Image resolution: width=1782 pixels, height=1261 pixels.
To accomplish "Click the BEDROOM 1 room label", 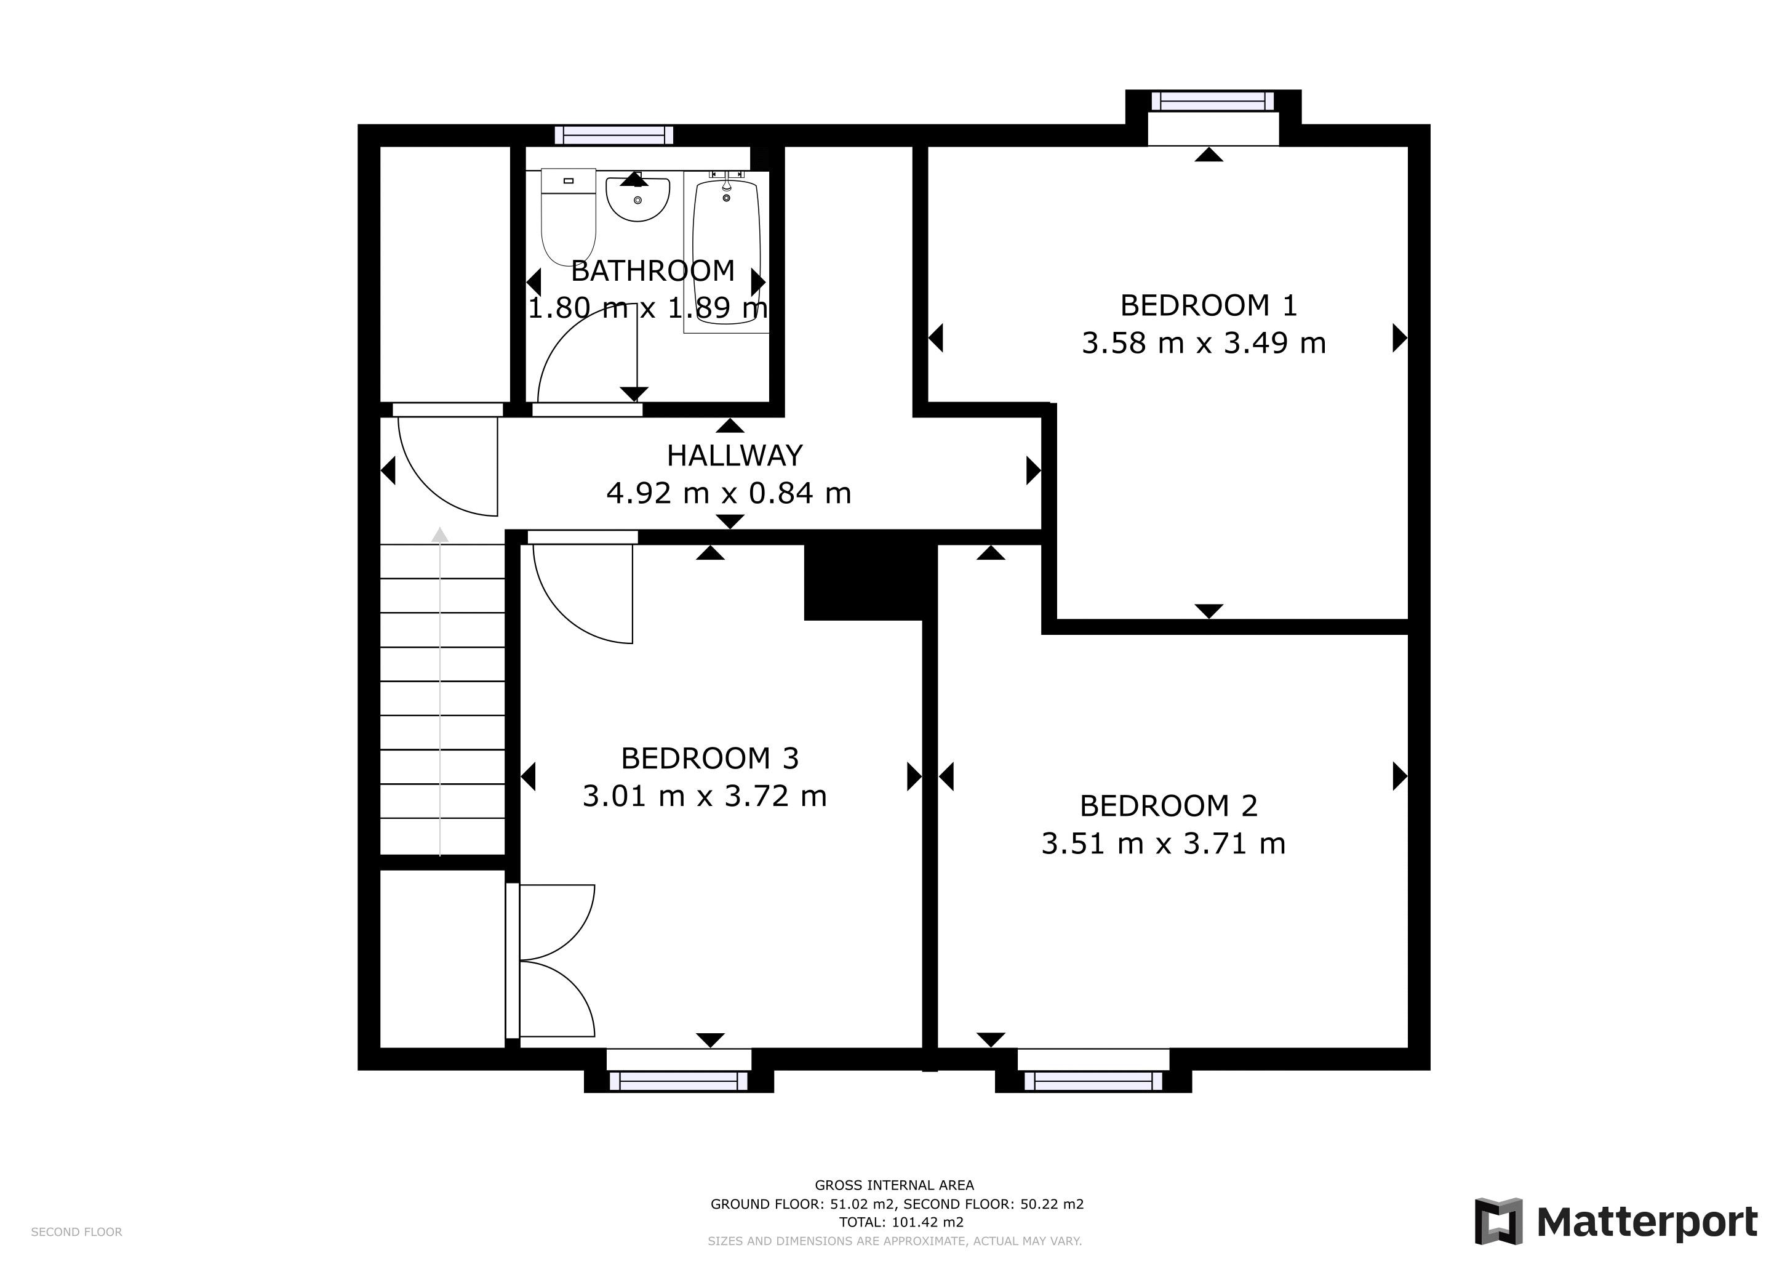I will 1208,305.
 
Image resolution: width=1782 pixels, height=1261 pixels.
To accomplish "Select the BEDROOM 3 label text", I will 709,758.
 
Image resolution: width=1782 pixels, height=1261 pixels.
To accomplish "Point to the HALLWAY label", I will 734,456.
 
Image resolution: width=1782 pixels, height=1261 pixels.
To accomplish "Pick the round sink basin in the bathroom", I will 637,199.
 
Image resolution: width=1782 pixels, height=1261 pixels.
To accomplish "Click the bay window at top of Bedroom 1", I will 1212,102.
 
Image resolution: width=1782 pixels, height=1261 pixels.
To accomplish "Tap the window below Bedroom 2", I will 1093,1081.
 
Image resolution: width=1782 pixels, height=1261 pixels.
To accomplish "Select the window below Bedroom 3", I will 678,1081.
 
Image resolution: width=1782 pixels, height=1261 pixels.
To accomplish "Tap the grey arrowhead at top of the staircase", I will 440,535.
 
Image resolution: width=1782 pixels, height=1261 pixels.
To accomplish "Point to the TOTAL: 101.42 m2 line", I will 900,1222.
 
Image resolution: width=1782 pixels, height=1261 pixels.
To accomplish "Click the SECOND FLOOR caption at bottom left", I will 76,1232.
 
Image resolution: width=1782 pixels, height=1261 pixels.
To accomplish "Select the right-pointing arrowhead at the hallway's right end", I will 1033,470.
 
